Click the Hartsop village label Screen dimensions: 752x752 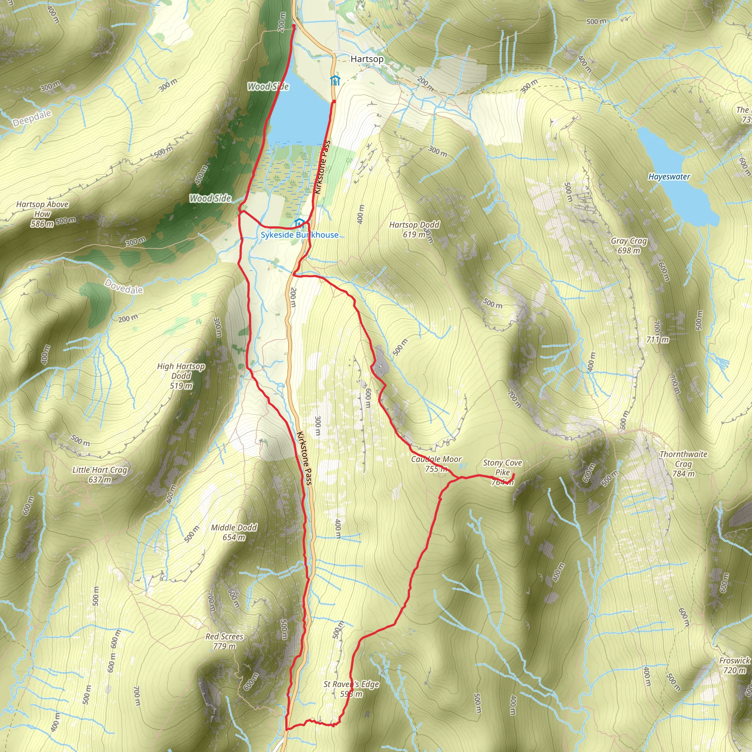[x=367, y=59]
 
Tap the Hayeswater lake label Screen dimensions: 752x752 [x=669, y=177]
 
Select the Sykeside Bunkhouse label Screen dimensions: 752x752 [x=299, y=235]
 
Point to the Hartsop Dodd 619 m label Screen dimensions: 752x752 [x=414, y=229]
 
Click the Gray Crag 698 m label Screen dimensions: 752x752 [x=629, y=246]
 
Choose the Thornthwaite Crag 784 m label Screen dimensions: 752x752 [x=683, y=464]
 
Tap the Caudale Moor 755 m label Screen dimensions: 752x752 [x=436, y=464]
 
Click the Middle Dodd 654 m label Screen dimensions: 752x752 [x=234, y=532]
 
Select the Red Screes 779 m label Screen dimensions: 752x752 [x=224, y=641]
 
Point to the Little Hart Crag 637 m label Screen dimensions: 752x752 [x=100, y=474]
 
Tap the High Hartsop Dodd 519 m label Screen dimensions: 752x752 [x=181, y=376]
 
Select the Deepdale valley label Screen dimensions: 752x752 [x=32, y=118]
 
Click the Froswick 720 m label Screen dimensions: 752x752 [x=734, y=665]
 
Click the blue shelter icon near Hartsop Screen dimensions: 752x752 [x=335, y=81]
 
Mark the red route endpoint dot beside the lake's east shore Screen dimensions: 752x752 [x=334, y=102]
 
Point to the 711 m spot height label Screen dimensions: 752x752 [x=657, y=339]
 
